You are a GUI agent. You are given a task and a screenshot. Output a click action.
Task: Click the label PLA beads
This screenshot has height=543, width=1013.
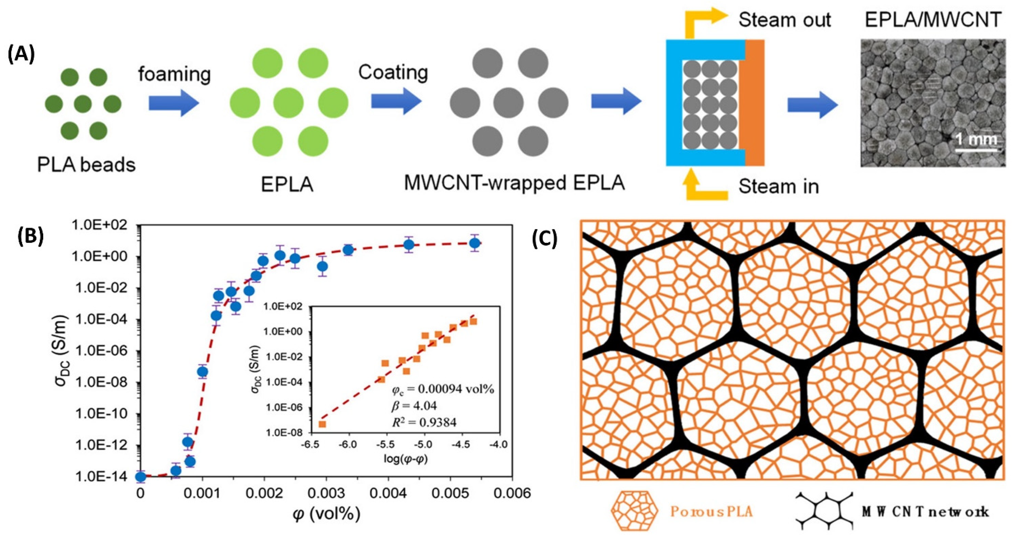point(86,165)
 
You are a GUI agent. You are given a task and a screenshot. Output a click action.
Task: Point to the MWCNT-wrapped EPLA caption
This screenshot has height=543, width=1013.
point(514,183)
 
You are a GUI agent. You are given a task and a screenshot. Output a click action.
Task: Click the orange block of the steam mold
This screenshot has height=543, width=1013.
point(754,102)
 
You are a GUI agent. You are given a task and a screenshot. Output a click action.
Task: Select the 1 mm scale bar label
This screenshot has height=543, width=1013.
point(976,139)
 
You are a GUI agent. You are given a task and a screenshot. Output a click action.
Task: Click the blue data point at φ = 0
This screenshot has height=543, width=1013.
point(140,477)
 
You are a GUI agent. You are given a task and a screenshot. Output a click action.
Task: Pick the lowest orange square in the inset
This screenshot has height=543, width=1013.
point(322,424)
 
